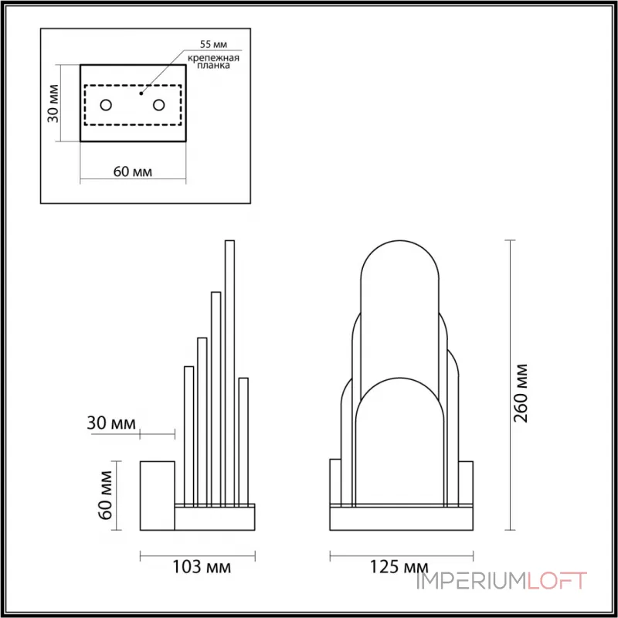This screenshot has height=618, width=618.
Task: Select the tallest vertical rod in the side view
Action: tap(229, 371)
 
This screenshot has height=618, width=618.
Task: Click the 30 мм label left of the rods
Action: tap(111, 423)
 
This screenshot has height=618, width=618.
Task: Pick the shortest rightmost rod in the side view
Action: tap(243, 440)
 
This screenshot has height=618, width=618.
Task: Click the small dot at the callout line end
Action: tap(141, 93)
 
